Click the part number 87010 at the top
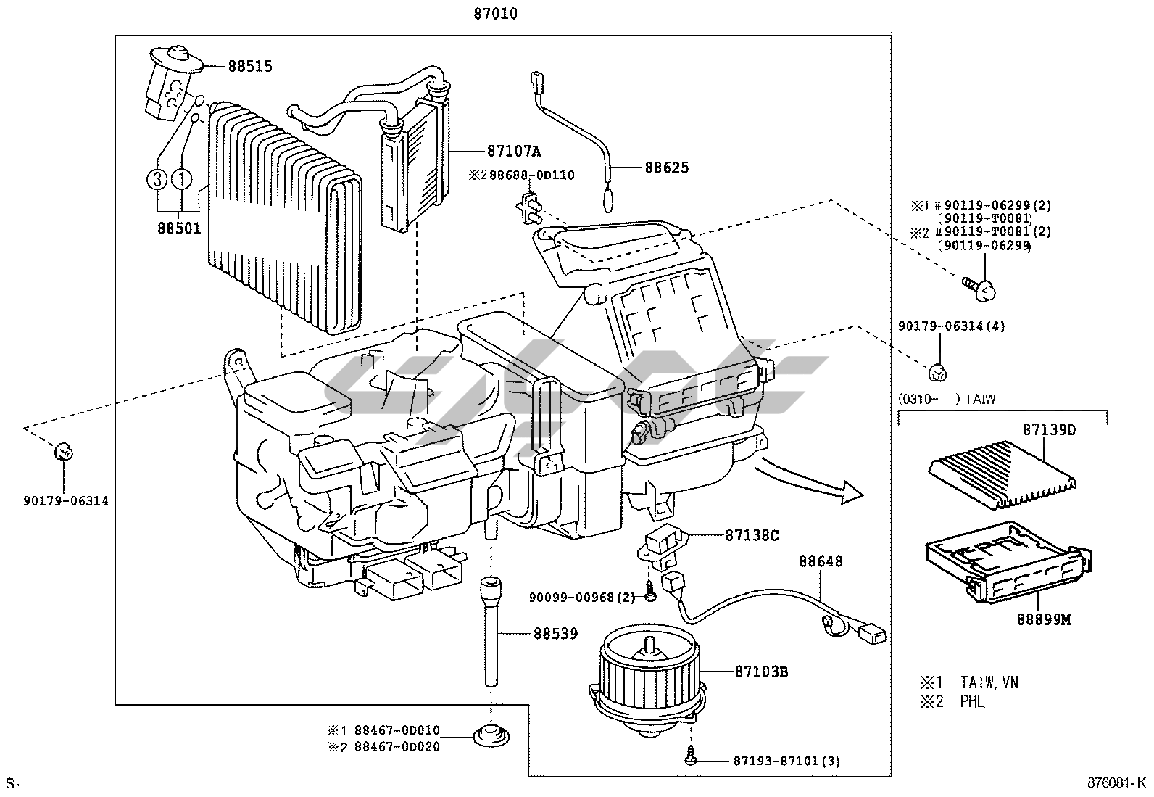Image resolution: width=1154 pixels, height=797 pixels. [495, 14]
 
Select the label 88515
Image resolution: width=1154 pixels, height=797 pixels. [250, 67]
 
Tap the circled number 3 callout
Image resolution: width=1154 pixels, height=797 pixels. [157, 179]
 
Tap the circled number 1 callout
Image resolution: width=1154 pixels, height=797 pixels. [181, 179]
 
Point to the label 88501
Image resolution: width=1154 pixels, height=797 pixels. [179, 228]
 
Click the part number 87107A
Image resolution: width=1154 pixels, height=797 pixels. [514, 151]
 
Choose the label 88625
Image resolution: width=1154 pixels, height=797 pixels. [667, 168]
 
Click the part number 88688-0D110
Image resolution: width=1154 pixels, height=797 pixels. [531, 175]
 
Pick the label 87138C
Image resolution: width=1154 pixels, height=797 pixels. [752, 536]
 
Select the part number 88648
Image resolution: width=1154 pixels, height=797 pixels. [821, 561]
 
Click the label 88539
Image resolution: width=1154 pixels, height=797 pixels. [555, 634]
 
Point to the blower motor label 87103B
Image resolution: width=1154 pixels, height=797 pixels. [761, 672]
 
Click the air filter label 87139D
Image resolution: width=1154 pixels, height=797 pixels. [1049, 429]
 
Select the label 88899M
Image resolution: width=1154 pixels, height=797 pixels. [1044, 619]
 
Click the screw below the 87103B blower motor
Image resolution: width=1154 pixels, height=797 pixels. [691, 756]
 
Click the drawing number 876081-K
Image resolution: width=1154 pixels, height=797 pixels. [1116, 782]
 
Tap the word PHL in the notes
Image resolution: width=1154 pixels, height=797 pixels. [972, 701]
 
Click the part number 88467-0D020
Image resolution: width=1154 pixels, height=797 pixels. [397, 746]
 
